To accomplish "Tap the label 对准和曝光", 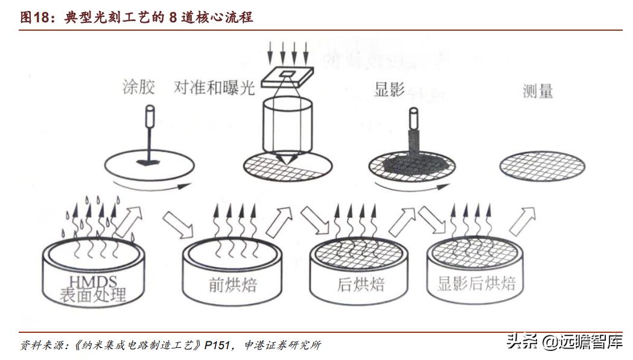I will (214, 88).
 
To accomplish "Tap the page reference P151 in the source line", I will (218, 345).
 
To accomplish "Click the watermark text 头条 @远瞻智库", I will (564, 342).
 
